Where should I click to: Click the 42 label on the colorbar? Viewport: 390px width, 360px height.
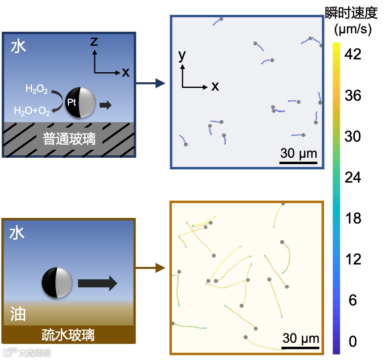point(353,54)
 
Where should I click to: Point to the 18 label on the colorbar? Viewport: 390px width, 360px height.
point(353,218)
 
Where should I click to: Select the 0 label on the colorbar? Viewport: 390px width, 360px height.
point(353,342)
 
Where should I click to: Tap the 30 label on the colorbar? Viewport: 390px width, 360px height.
point(353,136)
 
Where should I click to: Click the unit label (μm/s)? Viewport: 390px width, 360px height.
point(353,29)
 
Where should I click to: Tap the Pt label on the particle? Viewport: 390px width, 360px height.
point(71,103)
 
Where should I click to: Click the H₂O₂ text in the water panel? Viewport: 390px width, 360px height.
point(37,89)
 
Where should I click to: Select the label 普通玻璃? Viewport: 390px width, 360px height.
point(69,139)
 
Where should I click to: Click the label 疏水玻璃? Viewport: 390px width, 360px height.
point(68,335)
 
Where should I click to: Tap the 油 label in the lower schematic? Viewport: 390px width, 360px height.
point(18,314)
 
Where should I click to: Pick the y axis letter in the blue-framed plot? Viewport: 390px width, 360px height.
point(182,56)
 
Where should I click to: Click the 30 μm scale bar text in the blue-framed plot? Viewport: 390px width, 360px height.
point(299,153)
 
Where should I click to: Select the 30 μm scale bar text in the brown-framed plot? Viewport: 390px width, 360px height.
point(301,338)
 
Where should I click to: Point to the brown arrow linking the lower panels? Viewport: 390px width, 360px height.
point(151,268)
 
